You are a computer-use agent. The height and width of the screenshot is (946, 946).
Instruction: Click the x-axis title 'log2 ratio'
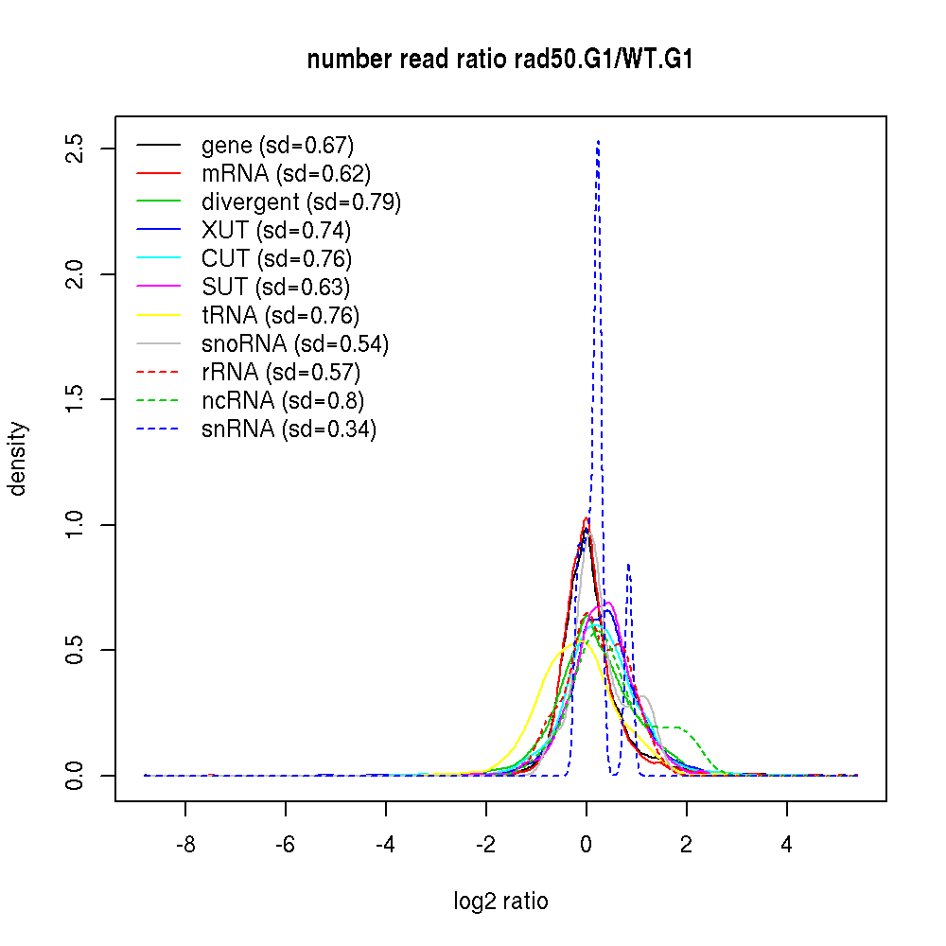pyautogui.click(x=500, y=902)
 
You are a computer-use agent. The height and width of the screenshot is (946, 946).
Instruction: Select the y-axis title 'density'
pyautogui.click(x=18, y=459)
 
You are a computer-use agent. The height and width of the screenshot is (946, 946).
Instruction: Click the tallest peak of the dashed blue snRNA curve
pyautogui.click(x=598, y=142)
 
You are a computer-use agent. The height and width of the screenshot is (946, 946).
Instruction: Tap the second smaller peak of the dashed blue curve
pyautogui.click(x=628, y=565)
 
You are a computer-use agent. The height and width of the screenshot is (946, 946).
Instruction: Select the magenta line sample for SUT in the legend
pyautogui.click(x=158, y=287)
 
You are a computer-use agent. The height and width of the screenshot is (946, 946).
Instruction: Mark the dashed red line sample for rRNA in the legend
pyautogui.click(x=158, y=372)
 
